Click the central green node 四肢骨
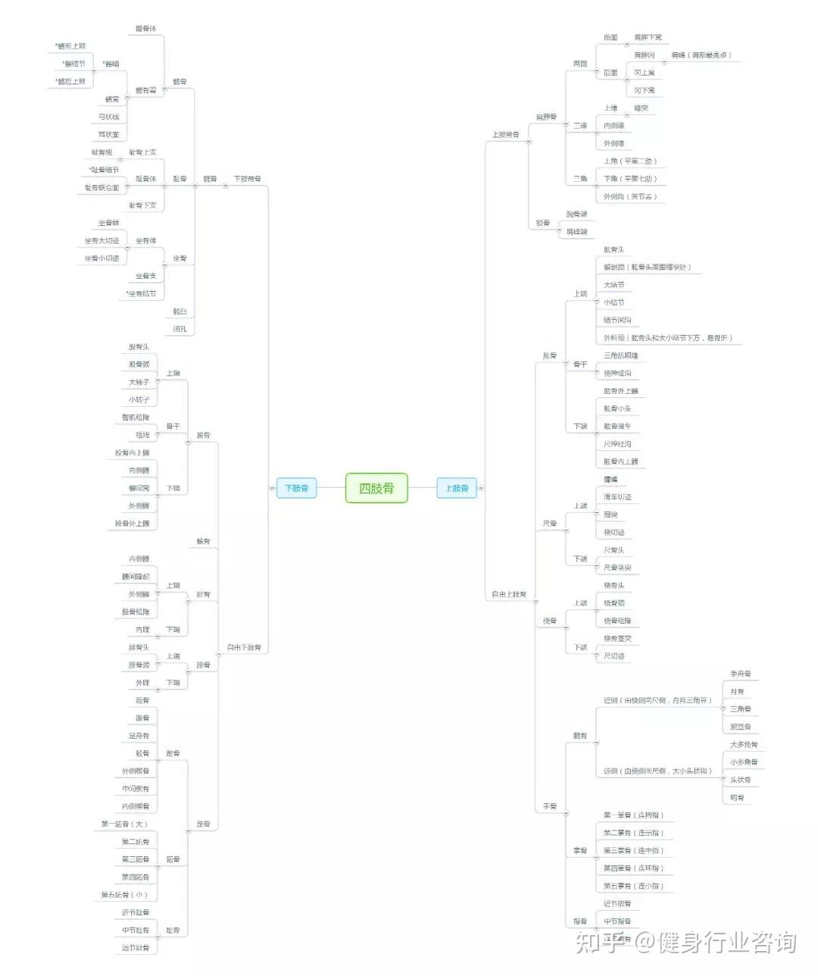click(x=376, y=488)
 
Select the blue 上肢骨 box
click(x=457, y=488)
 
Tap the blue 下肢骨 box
click(x=296, y=488)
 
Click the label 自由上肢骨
click(x=509, y=594)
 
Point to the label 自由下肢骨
click(x=244, y=647)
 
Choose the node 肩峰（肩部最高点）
click(x=701, y=55)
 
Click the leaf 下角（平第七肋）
click(x=630, y=179)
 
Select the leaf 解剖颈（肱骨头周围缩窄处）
click(x=647, y=267)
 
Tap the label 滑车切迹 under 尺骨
click(x=617, y=497)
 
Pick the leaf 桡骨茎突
click(x=617, y=638)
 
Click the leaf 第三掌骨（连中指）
click(x=633, y=850)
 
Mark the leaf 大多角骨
click(x=744, y=744)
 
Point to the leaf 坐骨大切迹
click(x=101, y=240)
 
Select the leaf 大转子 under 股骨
click(x=139, y=382)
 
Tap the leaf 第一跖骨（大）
click(x=124, y=824)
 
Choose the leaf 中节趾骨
click(x=136, y=930)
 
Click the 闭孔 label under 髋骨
click(x=180, y=329)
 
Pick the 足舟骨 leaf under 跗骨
click(x=139, y=736)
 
